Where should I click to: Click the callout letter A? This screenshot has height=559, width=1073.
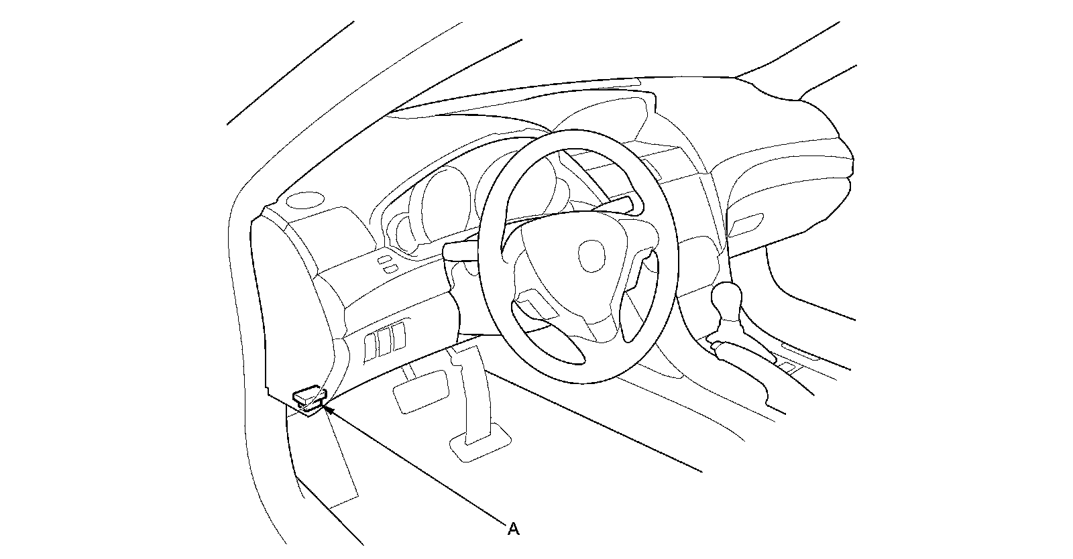(513, 530)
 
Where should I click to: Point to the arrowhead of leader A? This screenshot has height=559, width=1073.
(327, 407)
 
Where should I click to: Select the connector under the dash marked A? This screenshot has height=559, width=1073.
(308, 397)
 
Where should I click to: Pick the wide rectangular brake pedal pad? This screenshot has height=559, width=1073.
(420, 391)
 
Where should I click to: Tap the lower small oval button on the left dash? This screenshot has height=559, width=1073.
(389, 269)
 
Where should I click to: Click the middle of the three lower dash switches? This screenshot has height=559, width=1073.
(384, 340)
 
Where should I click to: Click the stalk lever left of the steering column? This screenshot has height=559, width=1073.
(460, 250)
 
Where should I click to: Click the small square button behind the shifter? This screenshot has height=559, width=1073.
(790, 366)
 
